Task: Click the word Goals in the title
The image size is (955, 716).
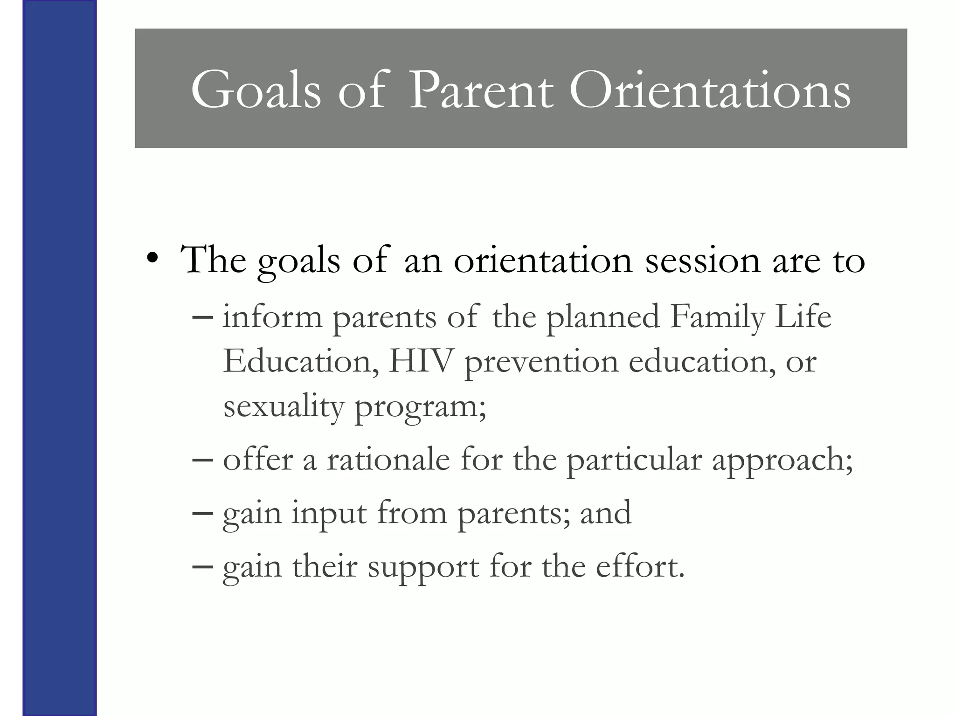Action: coord(256,90)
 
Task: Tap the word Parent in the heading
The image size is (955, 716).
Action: coord(481,90)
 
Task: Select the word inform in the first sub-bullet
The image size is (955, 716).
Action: coord(272,317)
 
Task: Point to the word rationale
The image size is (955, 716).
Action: coord(388,460)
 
